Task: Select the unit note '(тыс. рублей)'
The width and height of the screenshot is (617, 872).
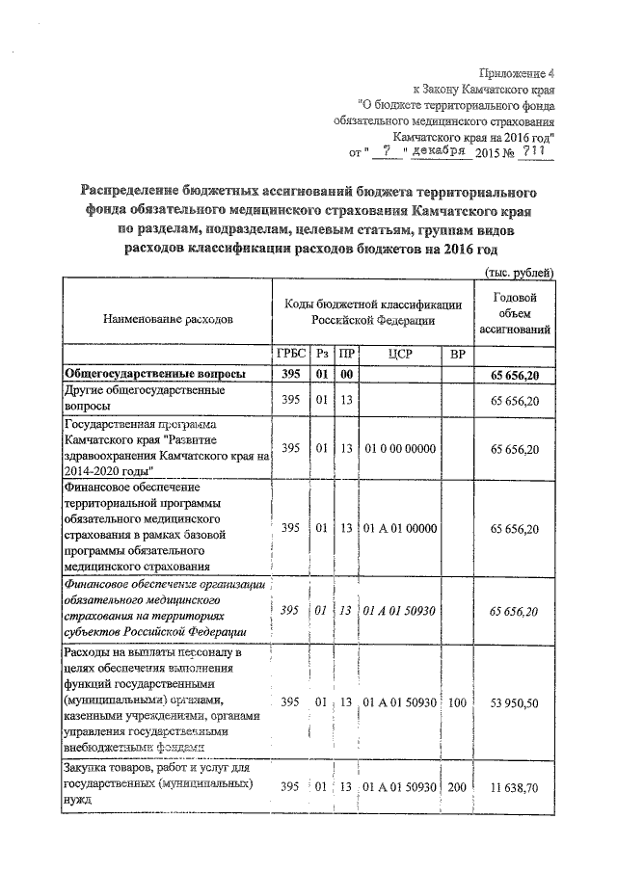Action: coord(521,273)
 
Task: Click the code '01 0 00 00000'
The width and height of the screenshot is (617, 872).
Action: coord(400,449)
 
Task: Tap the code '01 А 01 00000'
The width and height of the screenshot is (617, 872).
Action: coord(400,529)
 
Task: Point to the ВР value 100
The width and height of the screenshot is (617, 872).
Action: coord(458,703)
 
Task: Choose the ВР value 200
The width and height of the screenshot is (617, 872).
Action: coord(458,787)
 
